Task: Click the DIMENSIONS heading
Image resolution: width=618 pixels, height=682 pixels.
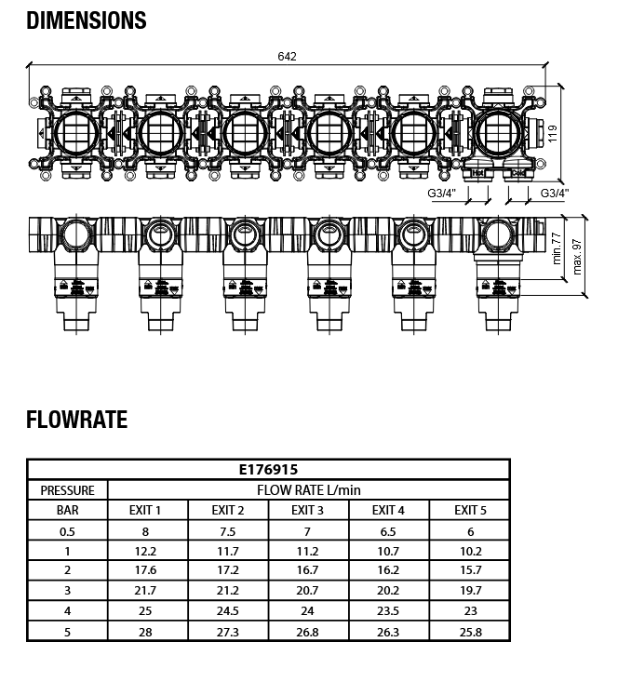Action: click(87, 20)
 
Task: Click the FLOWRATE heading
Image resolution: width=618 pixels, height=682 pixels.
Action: click(76, 420)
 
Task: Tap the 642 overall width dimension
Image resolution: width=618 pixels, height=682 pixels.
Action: click(288, 57)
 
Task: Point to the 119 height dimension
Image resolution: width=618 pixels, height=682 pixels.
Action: click(552, 133)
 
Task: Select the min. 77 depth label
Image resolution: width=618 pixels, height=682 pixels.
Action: click(558, 247)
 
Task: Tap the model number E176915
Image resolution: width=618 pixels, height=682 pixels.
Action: click(268, 470)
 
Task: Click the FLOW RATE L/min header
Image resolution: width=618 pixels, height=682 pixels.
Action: click(308, 489)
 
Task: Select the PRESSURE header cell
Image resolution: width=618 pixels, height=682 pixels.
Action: click(67, 489)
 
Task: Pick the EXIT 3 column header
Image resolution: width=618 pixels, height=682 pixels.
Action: click(308, 510)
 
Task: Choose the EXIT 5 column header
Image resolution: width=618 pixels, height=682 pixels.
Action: click(470, 510)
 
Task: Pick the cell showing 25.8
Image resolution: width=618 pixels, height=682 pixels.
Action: click(470, 632)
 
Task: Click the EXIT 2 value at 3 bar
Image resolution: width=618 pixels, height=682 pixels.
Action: click(228, 591)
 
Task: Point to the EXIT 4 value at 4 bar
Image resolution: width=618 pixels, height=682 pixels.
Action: click(389, 611)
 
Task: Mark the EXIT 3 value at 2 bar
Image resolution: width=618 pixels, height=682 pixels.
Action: click(308, 570)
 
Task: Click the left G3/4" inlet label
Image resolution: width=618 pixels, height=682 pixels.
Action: click(441, 193)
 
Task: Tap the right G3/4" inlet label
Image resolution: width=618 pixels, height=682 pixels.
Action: click(555, 193)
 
